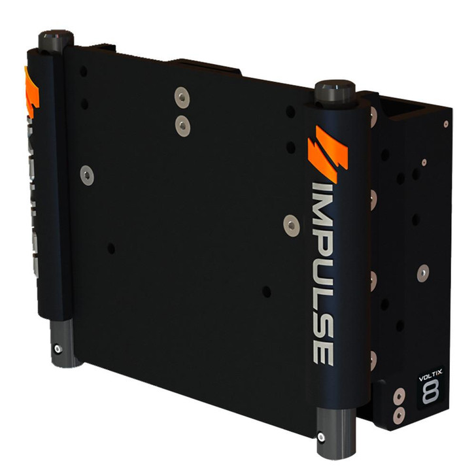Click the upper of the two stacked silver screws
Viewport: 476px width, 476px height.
point(181,97)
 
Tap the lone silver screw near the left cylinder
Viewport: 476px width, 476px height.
point(86,173)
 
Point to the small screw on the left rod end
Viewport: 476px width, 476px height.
point(58,348)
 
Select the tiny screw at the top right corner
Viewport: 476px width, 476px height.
point(446,124)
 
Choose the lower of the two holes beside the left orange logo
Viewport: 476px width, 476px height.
point(84,103)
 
